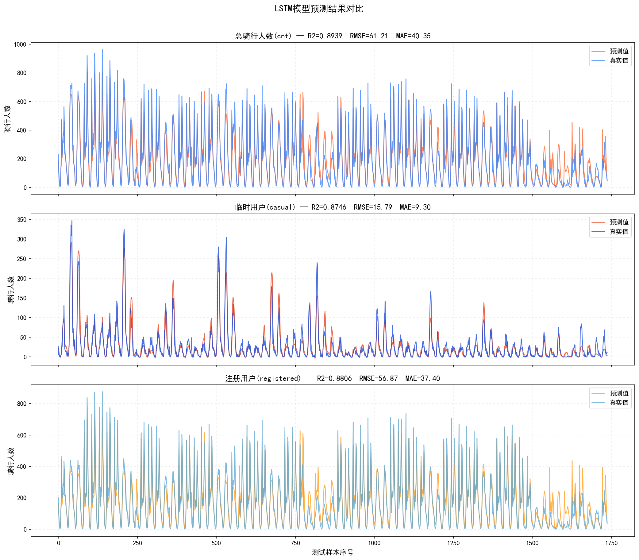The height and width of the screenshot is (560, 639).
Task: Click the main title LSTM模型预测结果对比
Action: click(x=319, y=9)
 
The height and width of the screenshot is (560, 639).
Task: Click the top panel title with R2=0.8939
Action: click(x=333, y=36)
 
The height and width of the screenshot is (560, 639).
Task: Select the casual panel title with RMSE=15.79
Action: click(x=333, y=207)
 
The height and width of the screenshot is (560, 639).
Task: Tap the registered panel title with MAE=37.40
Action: click(x=333, y=378)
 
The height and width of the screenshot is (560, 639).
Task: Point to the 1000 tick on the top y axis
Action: click(x=20, y=44)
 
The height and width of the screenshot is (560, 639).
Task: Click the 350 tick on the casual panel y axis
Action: click(x=21, y=220)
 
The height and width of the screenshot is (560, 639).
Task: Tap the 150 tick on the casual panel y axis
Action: click(x=21, y=298)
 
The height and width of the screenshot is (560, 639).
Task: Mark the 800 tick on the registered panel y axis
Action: click(x=21, y=404)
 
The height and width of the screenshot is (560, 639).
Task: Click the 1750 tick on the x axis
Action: click(x=611, y=543)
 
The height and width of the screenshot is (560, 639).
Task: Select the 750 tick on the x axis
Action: click(x=295, y=543)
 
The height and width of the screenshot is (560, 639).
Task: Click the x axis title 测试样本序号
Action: click(x=333, y=552)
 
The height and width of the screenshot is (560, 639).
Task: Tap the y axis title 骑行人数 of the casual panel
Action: click(x=11, y=290)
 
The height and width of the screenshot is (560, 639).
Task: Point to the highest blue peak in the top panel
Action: click(x=102, y=50)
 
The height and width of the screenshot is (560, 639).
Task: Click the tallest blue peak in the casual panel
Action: click(x=72, y=221)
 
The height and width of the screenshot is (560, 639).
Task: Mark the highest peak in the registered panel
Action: click(x=102, y=392)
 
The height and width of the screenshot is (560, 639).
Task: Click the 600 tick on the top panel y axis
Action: click(x=21, y=102)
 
